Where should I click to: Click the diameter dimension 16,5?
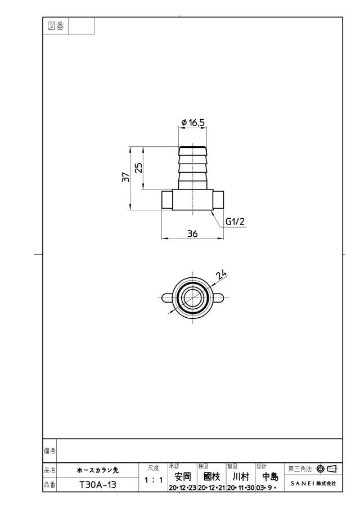tap(193, 123)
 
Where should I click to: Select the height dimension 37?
tap(125, 177)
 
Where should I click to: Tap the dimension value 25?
tap(138, 168)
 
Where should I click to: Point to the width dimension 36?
tap(192, 234)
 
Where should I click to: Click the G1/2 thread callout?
tap(235, 222)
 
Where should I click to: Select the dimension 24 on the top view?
tap(221, 274)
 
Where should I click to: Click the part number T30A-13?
tap(98, 485)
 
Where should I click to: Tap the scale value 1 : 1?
tap(154, 480)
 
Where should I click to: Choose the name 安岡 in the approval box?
tap(183, 476)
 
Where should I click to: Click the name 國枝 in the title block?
tap(211, 476)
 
